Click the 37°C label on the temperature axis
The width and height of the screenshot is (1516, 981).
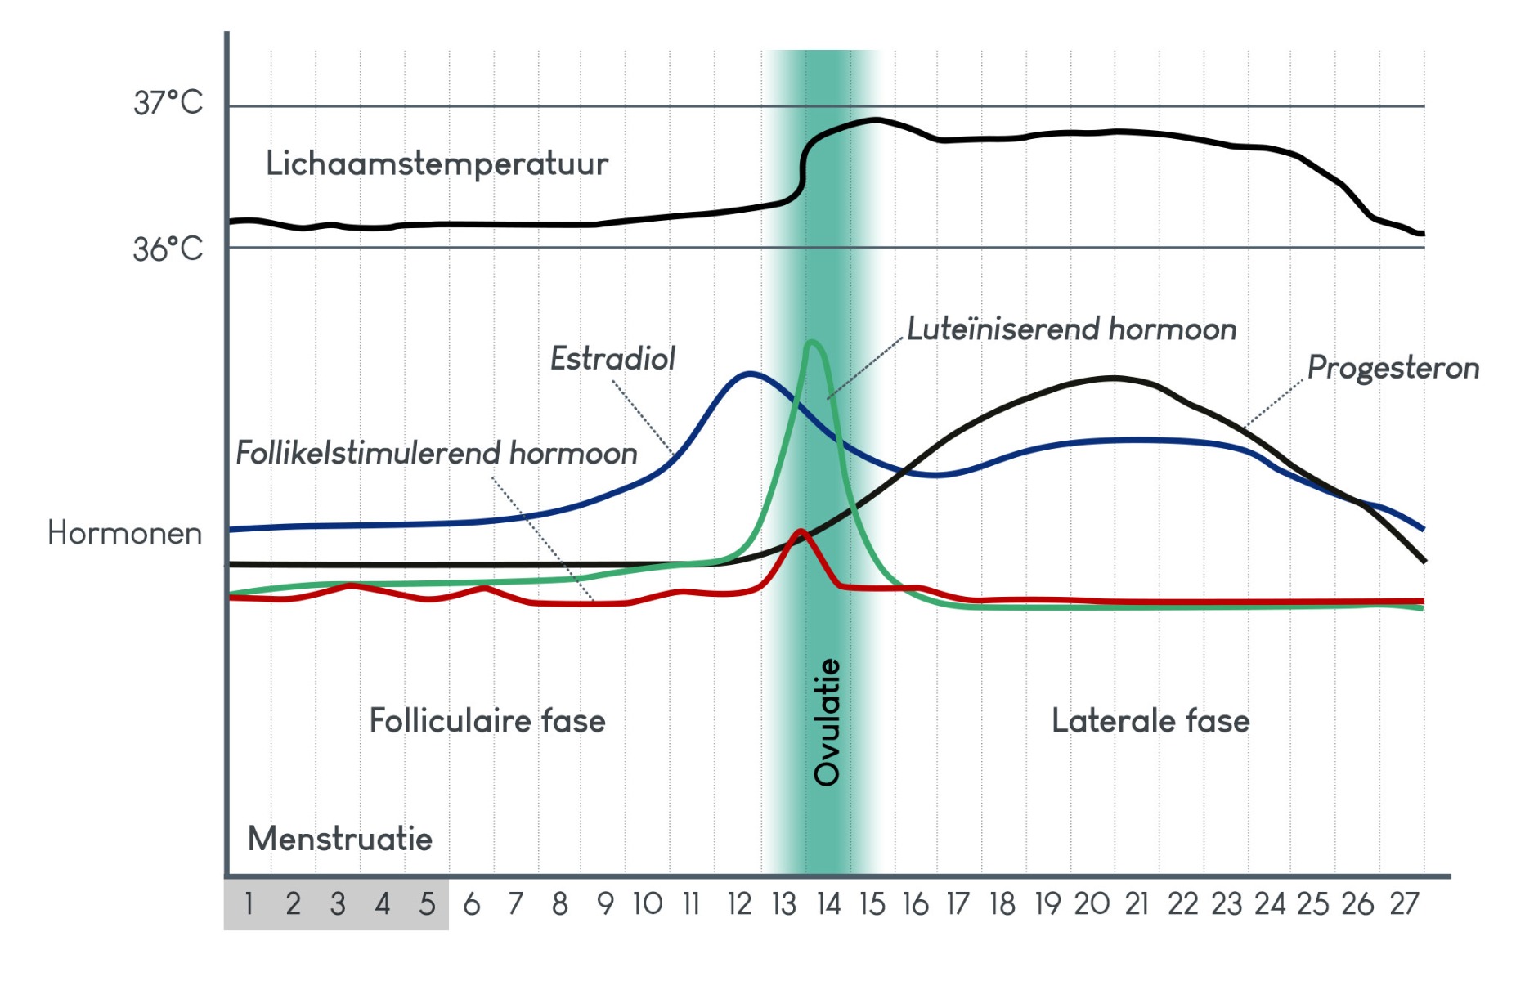point(168,103)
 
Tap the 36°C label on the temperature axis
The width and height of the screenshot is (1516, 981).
point(168,249)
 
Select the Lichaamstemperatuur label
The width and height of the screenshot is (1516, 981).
point(437,163)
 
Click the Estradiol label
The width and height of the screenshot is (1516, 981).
point(612,358)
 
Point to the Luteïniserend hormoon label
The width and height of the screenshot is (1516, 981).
point(1071,329)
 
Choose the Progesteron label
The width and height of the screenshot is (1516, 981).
point(1393,368)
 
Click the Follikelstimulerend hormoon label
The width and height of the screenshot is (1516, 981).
point(436,453)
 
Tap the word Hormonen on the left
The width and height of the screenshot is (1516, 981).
point(124,533)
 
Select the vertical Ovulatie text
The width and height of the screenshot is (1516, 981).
point(827,722)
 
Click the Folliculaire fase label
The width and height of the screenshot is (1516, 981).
point(487,721)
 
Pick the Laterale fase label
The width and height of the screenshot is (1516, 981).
point(1150,721)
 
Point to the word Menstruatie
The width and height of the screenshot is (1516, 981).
point(339,839)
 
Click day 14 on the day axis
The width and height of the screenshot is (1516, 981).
point(828,904)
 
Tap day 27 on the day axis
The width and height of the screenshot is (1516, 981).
point(1404,904)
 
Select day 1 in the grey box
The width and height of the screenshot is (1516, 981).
point(249,904)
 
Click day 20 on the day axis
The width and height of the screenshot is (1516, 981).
point(1092,904)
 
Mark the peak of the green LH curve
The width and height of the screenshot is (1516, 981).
point(811,342)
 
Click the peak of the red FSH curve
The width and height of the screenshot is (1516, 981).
point(801,532)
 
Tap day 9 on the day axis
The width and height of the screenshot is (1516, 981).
point(605,904)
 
